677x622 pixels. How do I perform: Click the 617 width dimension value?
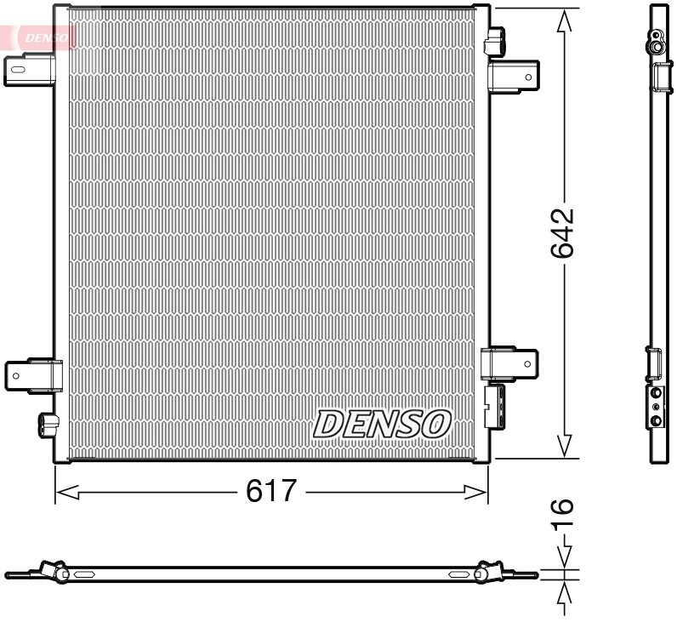pyautogui.click(x=271, y=491)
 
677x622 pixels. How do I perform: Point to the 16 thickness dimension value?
pyautogui.click(x=562, y=514)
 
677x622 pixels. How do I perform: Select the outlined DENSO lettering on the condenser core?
pyautogui.click(x=383, y=423)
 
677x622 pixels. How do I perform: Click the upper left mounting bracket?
pyautogui.click(x=30, y=69)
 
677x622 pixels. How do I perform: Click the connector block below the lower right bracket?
pyautogui.click(x=495, y=406)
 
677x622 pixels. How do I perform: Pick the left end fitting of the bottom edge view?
pyautogui.click(x=53, y=572)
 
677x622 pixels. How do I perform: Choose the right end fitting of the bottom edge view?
pyautogui.click(x=489, y=572)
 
